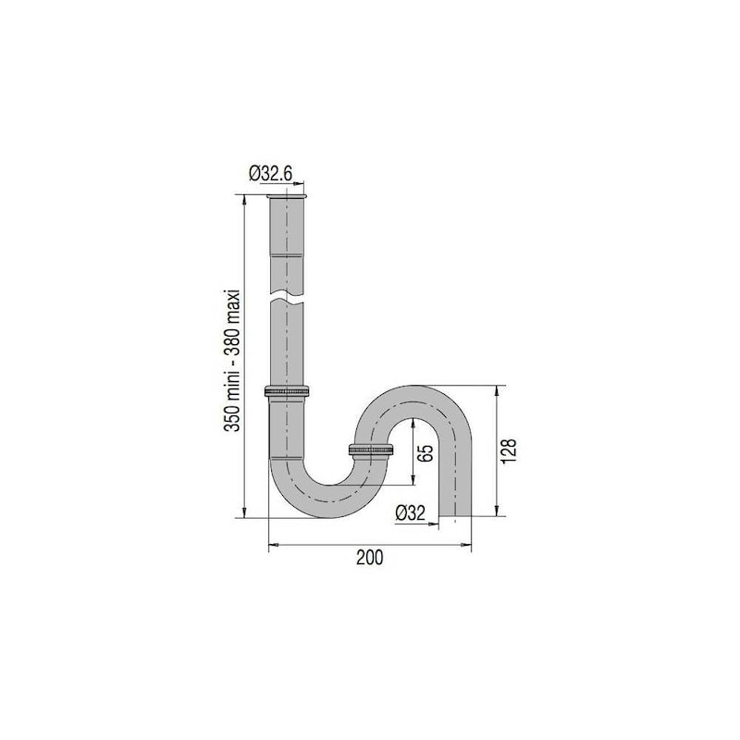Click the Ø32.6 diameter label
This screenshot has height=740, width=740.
(270, 174)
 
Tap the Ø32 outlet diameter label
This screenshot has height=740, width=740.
(410, 513)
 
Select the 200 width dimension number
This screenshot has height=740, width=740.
(369, 558)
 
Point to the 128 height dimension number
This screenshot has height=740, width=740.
(510, 451)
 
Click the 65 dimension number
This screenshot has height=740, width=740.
(425, 453)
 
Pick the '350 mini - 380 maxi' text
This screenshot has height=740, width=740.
(232, 360)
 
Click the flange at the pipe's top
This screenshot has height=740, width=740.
(287, 196)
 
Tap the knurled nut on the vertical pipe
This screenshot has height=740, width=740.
(287, 391)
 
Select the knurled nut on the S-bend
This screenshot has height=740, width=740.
(371, 450)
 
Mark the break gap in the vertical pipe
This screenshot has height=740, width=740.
(287, 298)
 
